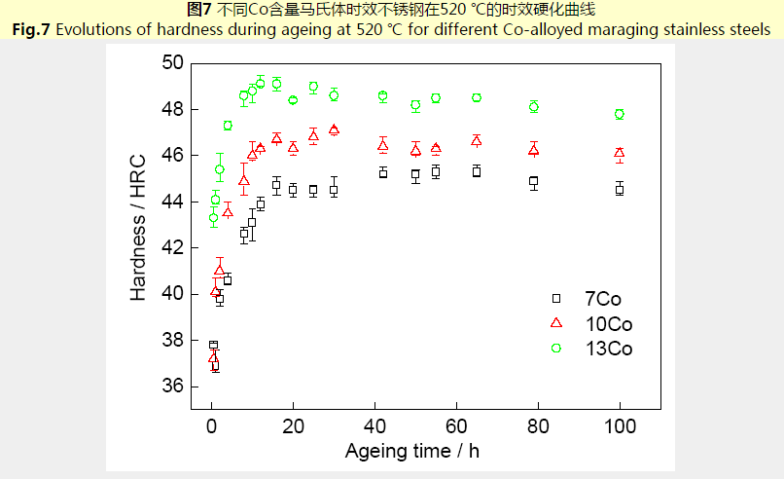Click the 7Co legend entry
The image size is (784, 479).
pos(602,299)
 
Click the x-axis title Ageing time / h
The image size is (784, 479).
pos(411,451)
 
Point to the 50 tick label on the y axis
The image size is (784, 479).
pos(172,63)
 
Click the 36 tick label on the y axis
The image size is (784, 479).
pos(172,387)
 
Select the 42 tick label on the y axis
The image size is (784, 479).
pos(172,248)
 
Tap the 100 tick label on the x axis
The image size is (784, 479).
pos(620,426)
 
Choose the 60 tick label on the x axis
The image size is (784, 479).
pos(456,426)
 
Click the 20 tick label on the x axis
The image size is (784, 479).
pos(293,426)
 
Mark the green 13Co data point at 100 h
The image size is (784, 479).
pos(620,114)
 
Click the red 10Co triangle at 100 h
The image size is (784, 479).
pos(620,153)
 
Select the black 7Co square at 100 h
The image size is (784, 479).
pos(620,189)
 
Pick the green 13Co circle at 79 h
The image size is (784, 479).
pos(534,107)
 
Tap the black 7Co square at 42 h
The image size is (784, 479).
pos(383,172)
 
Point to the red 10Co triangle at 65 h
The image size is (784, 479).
pos(477,140)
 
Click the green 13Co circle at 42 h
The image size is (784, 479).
pos(383,95)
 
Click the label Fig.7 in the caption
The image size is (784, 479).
pos(30,29)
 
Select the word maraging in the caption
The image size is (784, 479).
pos(609,29)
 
